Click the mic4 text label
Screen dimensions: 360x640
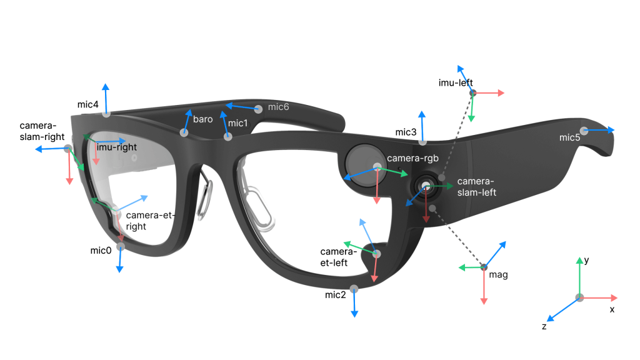point(87,105)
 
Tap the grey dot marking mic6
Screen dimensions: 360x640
point(258,109)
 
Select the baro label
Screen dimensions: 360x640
point(202,119)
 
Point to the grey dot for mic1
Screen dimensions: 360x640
point(228,136)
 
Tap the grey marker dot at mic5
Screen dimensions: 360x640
point(584,131)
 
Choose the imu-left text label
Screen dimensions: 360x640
point(456,82)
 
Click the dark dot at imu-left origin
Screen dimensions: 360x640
point(473,93)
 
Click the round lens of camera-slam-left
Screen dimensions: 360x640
point(426,186)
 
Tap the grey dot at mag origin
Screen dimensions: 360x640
point(483,267)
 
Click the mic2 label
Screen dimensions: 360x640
point(336,294)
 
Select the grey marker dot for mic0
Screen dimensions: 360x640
point(120,247)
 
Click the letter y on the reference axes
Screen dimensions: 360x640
point(587,260)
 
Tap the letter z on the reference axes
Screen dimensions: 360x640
point(544,326)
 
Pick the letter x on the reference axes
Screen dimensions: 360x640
point(612,309)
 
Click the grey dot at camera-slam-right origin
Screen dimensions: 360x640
point(68,148)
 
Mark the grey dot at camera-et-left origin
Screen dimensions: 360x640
point(376,253)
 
